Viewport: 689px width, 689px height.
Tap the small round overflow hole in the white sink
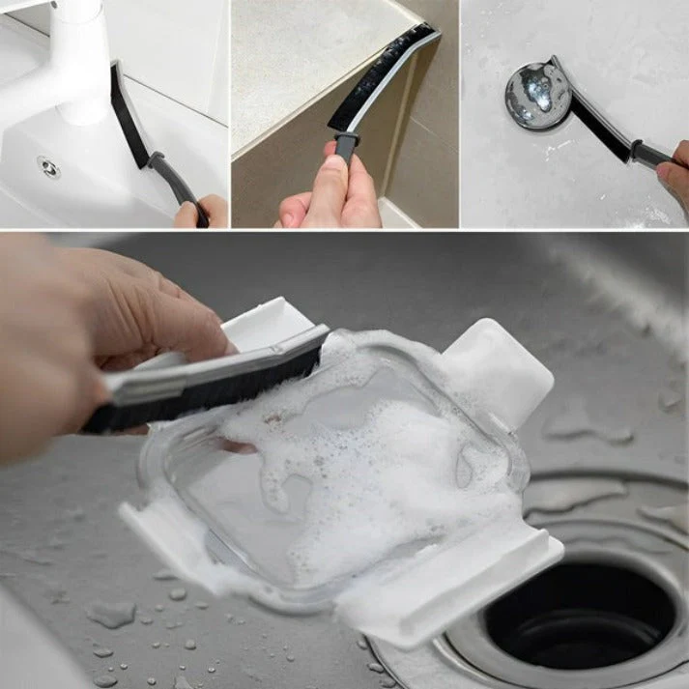click(x=47, y=167)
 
